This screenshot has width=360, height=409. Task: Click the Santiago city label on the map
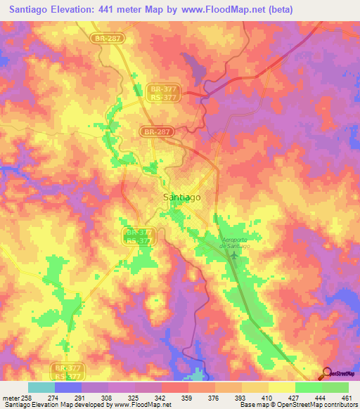click(181, 197)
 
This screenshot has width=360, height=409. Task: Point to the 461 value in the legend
click(347, 397)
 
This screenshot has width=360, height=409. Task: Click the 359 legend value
click(188, 397)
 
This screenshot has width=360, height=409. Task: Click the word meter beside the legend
click(10, 397)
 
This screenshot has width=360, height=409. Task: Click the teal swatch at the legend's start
click(41, 387)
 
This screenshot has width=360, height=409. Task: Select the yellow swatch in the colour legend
click(281, 387)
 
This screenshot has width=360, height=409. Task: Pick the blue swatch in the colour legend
click(68, 387)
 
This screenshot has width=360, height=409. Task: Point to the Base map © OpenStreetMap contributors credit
click(298, 405)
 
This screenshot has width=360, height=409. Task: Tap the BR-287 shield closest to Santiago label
click(156, 131)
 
